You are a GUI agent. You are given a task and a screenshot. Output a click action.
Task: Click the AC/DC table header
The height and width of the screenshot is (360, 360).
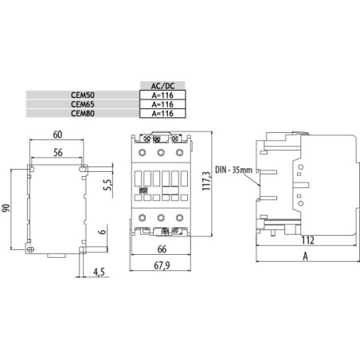point(156,85)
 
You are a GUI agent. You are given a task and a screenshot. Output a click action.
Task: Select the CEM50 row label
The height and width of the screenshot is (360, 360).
point(82,95)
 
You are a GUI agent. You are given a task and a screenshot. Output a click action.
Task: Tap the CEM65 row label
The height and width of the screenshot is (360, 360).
point(82,104)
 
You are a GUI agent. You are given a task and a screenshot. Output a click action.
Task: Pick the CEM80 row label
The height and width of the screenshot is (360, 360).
point(82,113)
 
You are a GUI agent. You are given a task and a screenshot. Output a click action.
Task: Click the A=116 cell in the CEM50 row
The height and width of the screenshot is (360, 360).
point(156,95)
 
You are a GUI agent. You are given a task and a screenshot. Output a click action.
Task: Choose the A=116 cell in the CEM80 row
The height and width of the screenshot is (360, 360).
point(156,113)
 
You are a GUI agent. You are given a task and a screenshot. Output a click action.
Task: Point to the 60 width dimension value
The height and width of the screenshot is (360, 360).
point(58,135)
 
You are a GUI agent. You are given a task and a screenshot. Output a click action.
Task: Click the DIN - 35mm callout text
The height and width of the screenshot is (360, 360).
point(232,170)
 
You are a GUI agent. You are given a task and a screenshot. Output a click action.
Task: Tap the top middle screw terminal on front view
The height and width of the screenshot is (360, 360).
point(162,151)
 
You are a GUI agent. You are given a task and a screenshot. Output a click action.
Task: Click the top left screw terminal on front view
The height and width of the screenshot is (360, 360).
point(144,151)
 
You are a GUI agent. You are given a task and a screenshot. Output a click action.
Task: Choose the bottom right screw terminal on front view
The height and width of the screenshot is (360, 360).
point(179,217)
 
